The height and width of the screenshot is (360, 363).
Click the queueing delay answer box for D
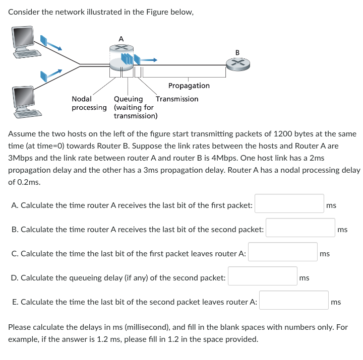pos(262,276)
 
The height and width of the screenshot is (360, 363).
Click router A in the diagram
pos(121,55)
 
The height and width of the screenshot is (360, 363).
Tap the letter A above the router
pos(120,38)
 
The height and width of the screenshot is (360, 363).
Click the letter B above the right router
pos(237,51)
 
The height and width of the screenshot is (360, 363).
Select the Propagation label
pos(189,86)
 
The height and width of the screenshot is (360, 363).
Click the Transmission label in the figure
pos(177,99)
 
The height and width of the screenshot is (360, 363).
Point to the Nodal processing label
pos(89,103)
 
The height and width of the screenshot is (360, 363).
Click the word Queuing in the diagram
pos(129,99)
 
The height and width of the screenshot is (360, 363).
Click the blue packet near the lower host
pos(44,76)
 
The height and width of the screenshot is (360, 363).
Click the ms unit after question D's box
pos(304,277)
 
